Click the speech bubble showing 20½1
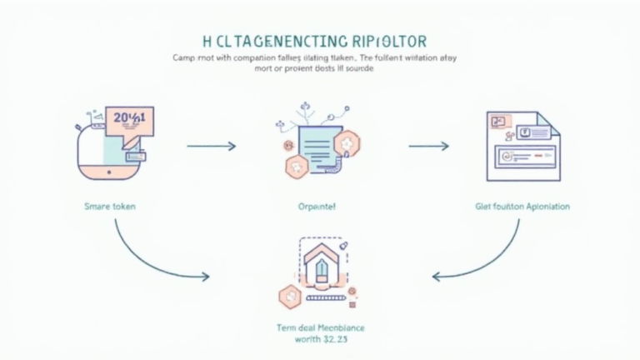coord(129,120)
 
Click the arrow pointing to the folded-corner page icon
coord(429,146)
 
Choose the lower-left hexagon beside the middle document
coord(294,167)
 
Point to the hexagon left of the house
coord(287,294)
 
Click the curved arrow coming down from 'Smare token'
coord(150,258)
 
